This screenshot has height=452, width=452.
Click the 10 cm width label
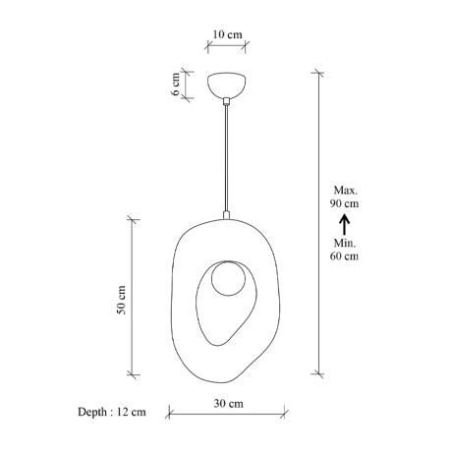227,34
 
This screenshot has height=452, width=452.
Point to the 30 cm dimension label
228,403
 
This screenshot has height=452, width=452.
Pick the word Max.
345,189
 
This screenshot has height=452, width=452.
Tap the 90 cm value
345,203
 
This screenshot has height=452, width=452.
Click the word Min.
345,242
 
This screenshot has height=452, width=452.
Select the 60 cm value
345,256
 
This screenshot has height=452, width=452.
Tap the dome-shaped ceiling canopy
227,85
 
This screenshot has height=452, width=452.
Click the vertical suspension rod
227,157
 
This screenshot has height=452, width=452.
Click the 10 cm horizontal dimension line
227,47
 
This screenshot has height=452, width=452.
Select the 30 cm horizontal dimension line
228,414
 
